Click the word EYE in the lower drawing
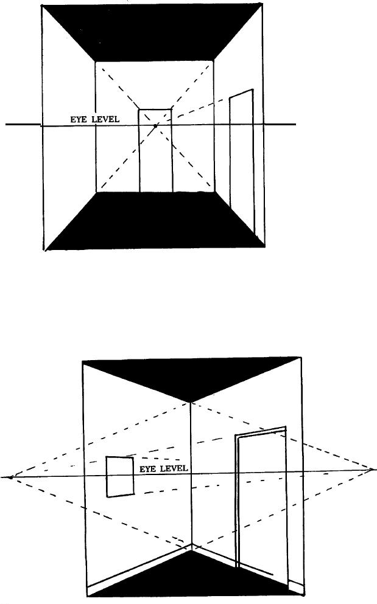[x=149, y=469]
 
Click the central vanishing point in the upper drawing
[x=157, y=125]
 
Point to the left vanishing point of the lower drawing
[x=9, y=477]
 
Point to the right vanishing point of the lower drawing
[x=373, y=469]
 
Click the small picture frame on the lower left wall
[x=119, y=477]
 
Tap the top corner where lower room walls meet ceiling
[x=191, y=402]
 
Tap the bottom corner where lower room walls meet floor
[x=192, y=550]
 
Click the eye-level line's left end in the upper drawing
[x=7, y=124]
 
